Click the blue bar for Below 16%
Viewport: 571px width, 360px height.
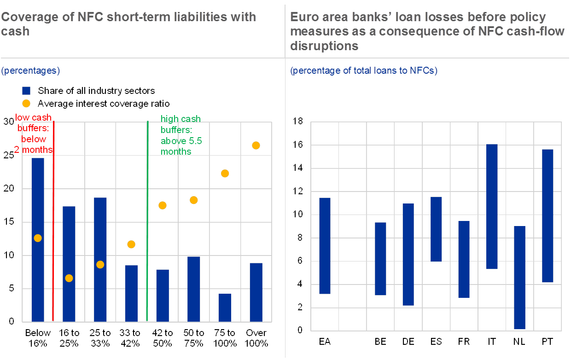[x=38, y=239]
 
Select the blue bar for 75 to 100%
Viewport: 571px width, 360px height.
[x=225, y=308]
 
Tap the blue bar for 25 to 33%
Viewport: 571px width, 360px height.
[x=100, y=259]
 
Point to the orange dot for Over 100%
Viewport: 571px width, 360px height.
[x=256, y=145]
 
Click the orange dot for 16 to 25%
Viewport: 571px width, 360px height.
[x=69, y=278]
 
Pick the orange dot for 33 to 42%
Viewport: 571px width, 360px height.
[x=131, y=244]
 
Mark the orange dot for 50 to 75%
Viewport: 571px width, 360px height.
[x=193, y=200]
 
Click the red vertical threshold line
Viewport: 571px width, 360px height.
[x=54, y=221]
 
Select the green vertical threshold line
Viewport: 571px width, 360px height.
[x=147, y=221]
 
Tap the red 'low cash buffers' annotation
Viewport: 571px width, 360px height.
[x=34, y=134]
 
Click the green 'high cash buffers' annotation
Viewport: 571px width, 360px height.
[x=181, y=135]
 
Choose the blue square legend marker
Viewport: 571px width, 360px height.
[x=26, y=91]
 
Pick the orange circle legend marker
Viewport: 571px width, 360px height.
[x=26, y=103]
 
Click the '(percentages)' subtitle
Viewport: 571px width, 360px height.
[x=31, y=71]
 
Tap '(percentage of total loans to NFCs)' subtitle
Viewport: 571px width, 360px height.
[x=364, y=71]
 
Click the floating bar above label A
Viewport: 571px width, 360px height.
[x=325, y=245]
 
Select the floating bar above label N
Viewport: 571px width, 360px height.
[x=519, y=277]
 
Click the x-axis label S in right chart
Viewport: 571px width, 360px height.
[x=439, y=342]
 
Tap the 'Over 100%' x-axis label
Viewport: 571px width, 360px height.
[x=256, y=338]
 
